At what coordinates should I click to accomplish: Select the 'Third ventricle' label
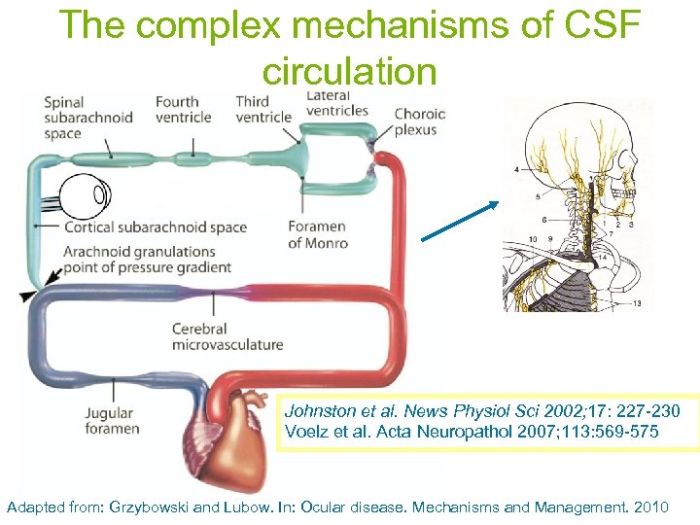coord(263,109)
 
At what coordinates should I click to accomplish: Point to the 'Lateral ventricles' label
coord(336,103)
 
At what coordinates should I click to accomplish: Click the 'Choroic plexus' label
coord(420,122)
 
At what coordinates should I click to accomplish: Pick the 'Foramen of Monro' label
coord(317,235)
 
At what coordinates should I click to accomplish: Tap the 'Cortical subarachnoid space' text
coord(155,227)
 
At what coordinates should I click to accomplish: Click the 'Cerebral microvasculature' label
coord(227,336)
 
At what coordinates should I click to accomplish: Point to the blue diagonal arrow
coord(460,221)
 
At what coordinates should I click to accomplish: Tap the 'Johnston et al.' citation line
coord(482,411)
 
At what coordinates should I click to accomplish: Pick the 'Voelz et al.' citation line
coord(472,431)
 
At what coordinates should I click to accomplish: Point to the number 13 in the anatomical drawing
coord(637,303)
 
